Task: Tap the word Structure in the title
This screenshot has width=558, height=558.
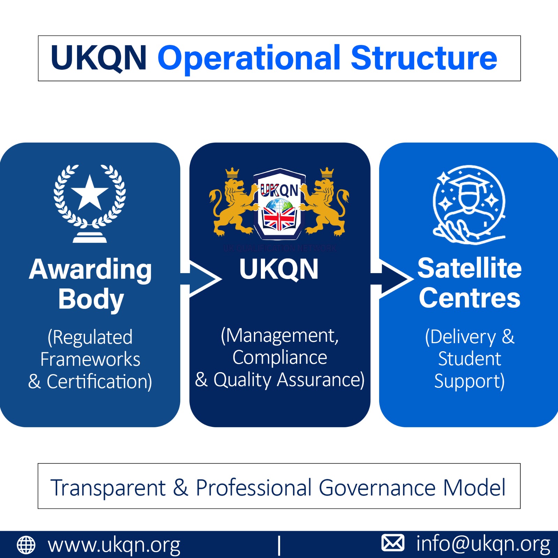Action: [x=424, y=58]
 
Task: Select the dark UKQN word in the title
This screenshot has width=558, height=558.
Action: [x=99, y=58]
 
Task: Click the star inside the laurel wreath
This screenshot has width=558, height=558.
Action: [x=90, y=193]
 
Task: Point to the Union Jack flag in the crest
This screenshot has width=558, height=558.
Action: [x=279, y=219]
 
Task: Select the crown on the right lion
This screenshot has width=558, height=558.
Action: [x=327, y=172]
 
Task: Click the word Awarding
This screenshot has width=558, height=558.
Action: [x=90, y=269]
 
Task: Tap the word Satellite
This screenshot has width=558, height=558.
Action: [x=469, y=268]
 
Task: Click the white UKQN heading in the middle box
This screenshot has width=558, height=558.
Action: [x=279, y=269]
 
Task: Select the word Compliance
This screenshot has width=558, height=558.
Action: [x=280, y=357]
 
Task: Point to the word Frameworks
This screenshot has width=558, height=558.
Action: [x=90, y=360]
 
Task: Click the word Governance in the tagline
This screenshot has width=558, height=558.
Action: [x=377, y=487]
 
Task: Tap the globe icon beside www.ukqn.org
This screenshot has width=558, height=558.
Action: [x=26, y=545]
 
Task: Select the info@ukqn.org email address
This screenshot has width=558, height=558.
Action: [x=483, y=544]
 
